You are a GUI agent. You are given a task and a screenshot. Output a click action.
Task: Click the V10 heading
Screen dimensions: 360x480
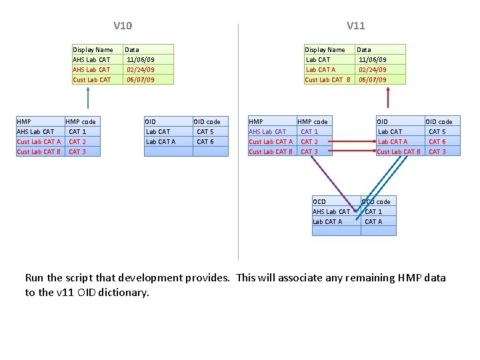coord(123,26)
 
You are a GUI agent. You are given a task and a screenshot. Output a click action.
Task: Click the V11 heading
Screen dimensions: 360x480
coord(355,26)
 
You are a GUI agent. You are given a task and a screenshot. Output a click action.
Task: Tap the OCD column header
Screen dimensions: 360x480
coord(319,201)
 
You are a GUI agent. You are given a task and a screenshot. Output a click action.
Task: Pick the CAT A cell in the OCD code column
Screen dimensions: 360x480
coord(373,221)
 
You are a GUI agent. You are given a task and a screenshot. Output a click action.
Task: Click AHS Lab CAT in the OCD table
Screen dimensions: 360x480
coord(331,211)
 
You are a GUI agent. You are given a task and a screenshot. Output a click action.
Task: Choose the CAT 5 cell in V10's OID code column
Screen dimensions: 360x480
coord(205,131)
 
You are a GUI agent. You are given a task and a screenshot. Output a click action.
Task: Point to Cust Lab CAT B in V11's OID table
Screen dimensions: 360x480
coord(399,151)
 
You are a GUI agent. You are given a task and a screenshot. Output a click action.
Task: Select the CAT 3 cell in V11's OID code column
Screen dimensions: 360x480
coord(437,151)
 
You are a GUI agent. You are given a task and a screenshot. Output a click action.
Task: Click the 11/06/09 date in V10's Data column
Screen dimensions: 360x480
coord(140,59)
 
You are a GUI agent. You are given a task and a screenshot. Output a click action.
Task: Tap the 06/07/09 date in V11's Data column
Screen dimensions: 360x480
coord(373,79)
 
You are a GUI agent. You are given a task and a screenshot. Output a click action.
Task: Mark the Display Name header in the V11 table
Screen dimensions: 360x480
coord(325,49)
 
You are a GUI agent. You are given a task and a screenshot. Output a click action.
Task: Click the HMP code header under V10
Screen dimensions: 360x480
coord(81,121)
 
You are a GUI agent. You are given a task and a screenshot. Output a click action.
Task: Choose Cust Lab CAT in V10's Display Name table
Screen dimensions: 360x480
coord(92,79)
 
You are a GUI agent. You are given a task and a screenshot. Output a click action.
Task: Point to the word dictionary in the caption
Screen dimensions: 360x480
coord(122,292)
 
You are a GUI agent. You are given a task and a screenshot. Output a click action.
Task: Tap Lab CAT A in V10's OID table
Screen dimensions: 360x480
coord(161,141)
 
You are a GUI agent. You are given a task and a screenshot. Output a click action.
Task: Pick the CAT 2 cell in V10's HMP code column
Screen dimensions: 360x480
coord(77,141)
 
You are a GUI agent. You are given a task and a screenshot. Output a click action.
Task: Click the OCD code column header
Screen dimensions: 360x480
coord(376,201)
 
